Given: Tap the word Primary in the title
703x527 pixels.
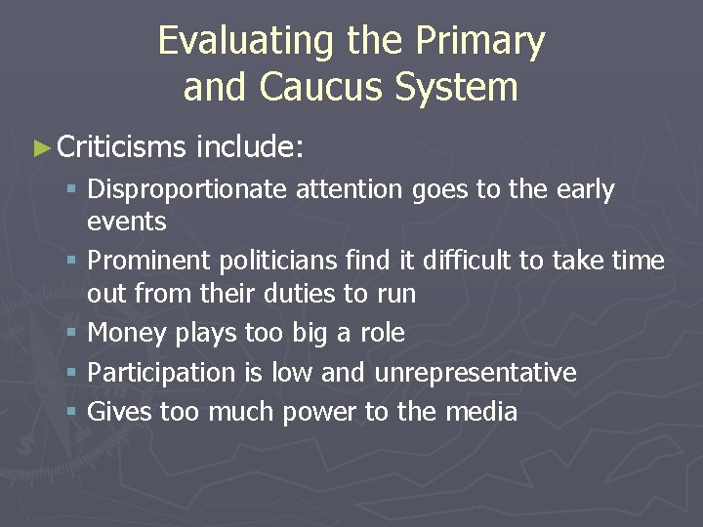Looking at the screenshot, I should (478, 42).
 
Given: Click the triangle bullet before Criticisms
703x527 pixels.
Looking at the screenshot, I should (40, 147).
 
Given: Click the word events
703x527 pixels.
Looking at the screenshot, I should (127, 221).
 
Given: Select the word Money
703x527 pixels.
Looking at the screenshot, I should (128, 333).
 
